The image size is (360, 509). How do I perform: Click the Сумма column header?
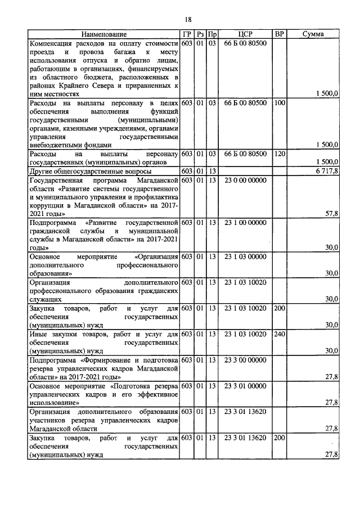click(x=312, y=34)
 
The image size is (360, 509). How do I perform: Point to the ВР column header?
click(x=279, y=34)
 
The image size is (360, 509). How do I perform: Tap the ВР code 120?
click(x=280, y=154)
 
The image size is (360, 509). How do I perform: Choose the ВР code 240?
click(x=280, y=334)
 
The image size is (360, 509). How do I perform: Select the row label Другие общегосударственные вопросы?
click(x=84, y=171)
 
